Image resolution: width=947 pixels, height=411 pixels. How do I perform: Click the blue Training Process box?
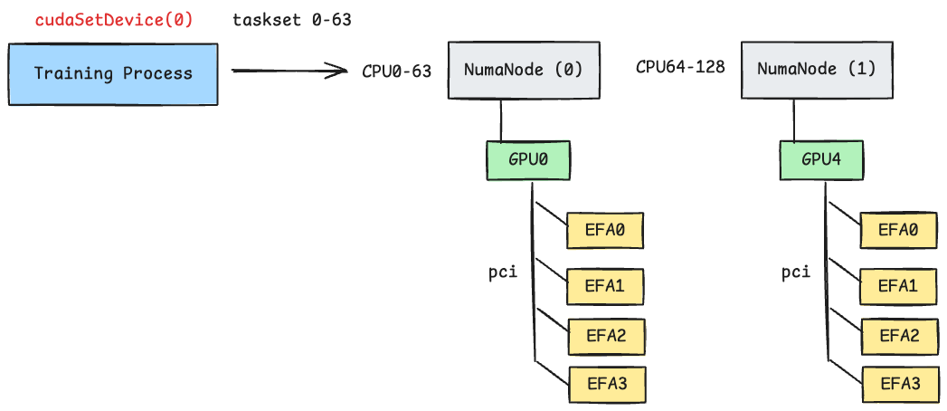[113, 73]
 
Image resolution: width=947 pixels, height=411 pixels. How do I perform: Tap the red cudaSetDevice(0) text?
[114, 19]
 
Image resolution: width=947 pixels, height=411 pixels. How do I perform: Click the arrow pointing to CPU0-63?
[289, 71]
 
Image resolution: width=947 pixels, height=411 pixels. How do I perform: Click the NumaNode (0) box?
[524, 69]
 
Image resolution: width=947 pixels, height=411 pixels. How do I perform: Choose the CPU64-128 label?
[680, 67]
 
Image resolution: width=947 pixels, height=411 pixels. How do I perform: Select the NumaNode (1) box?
[817, 69]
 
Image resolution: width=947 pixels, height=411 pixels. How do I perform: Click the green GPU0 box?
[529, 159]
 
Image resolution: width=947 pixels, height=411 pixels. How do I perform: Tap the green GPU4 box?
[822, 159]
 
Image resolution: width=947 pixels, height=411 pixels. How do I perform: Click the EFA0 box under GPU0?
[605, 231]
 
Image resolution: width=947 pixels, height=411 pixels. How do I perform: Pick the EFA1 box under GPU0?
[605, 286]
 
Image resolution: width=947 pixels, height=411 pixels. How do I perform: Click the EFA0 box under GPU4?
[898, 231]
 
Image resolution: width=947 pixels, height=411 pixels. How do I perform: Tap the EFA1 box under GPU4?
[898, 286]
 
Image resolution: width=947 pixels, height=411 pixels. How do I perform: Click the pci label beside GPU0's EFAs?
[502, 272]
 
